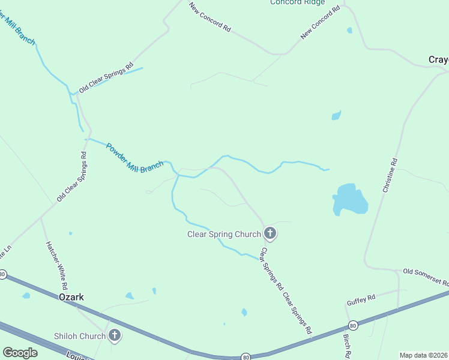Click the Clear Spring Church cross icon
tap(270, 233)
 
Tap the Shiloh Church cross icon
tap(114, 335)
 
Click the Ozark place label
tap(71, 297)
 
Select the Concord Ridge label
tap(297, 2)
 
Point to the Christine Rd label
tap(390, 175)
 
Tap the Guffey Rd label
tap(361, 297)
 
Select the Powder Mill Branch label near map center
tap(134, 158)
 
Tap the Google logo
tap(20, 352)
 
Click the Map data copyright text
tap(423, 355)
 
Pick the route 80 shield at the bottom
tap(246, 356)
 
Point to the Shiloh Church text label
tap(80, 336)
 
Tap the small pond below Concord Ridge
tap(349, 29)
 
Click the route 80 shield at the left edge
tap(3, 274)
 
